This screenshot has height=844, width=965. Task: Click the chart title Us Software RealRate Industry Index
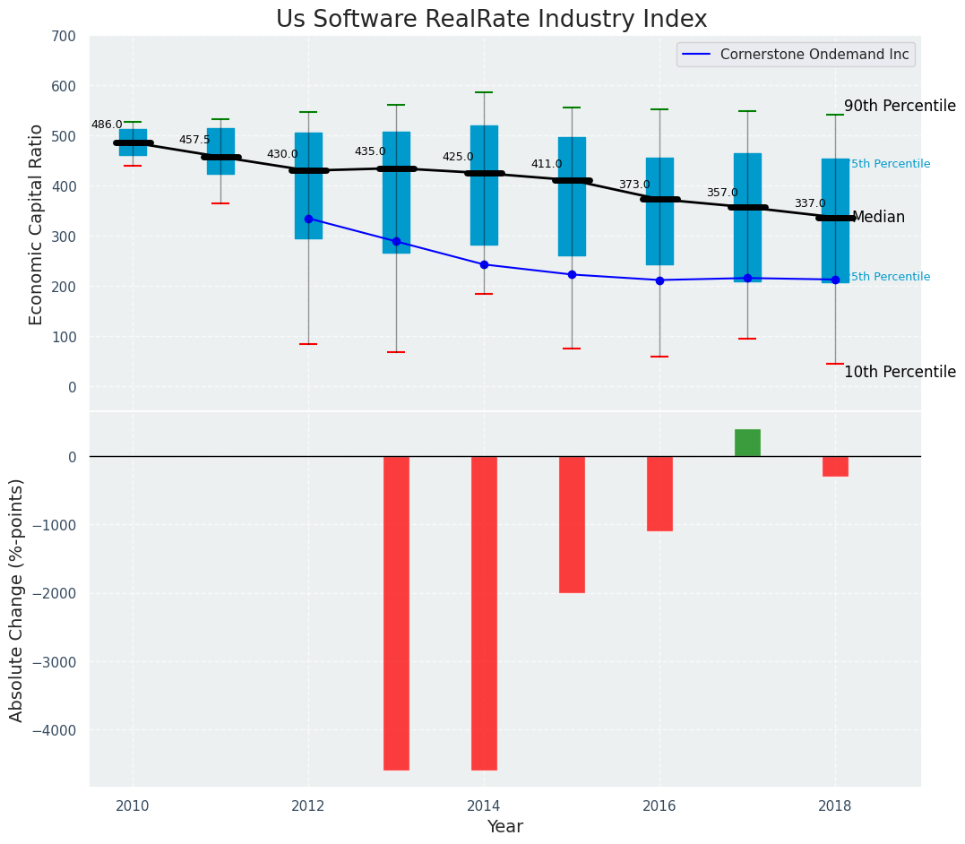tap(491, 20)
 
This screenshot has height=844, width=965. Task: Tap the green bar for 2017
tap(747, 443)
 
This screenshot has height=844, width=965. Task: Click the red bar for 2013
tap(396, 613)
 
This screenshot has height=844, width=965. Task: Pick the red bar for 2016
tap(659, 494)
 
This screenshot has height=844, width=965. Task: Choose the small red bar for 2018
tap(835, 466)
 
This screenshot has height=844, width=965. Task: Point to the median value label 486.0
tap(107, 125)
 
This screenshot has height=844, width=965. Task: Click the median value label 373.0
tap(634, 185)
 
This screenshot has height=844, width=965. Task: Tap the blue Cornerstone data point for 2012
tap(308, 219)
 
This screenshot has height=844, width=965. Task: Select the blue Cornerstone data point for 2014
tap(484, 264)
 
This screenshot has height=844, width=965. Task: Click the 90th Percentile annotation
tap(900, 106)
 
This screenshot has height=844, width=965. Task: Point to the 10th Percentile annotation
tap(900, 372)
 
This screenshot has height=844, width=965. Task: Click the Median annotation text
tap(878, 217)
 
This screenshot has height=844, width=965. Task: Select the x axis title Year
tap(505, 826)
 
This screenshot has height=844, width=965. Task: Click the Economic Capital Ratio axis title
tap(36, 224)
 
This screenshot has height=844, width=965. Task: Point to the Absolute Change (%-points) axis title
tap(16, 599)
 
